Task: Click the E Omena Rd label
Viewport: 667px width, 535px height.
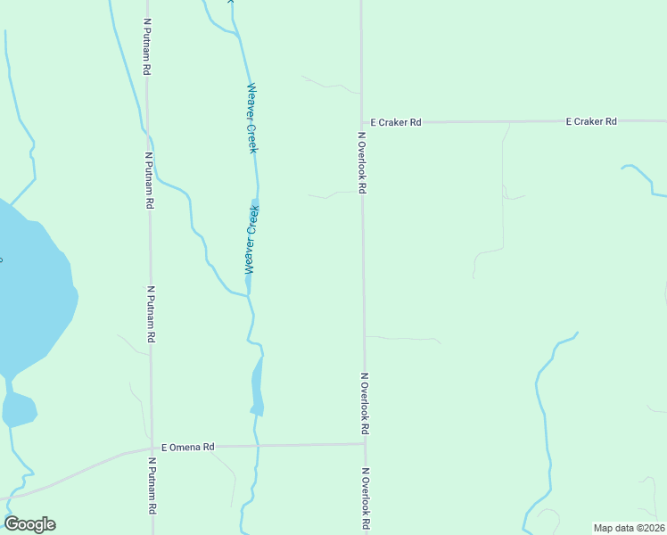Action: pos(188,447)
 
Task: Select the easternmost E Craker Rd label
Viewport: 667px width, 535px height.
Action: pos(591,121)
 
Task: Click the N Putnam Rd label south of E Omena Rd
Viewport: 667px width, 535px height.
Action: pos(152,485)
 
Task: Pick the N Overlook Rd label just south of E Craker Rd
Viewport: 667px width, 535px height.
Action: pos(362,163)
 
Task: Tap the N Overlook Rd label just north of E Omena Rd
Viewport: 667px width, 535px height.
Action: pos(365,403)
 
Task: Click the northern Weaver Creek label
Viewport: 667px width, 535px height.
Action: pos(252,118)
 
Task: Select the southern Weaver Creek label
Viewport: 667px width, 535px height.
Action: pos(251,239)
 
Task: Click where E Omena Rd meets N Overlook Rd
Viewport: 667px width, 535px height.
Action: pos(365,444)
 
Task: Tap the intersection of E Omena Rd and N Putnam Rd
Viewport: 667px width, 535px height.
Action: pos(151,448)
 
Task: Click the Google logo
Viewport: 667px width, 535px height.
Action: pos(29,524)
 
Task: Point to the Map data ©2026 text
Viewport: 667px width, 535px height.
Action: pos(629,528)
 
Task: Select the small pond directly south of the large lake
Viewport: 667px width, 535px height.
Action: pos(18,409)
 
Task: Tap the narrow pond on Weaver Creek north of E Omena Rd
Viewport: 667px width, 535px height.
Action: pos(258,385)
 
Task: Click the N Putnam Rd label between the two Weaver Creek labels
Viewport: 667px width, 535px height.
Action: pos(149,180)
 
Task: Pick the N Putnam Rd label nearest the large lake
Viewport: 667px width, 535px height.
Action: pos(152,315)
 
